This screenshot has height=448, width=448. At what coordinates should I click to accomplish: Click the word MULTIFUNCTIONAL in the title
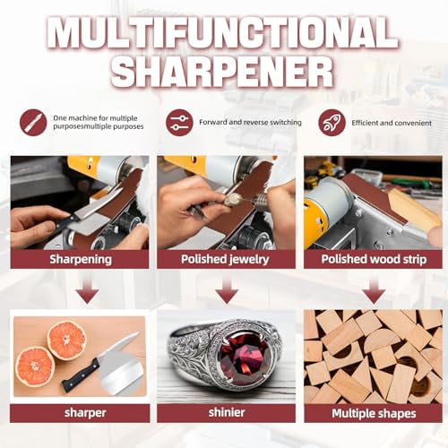224,34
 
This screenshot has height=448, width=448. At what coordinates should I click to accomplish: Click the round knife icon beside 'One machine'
33,122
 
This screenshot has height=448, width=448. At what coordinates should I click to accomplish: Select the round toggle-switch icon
179,122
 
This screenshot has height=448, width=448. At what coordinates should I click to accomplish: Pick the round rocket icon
331,122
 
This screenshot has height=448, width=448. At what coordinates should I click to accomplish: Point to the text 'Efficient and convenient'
392,122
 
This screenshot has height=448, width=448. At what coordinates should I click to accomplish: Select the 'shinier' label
226,413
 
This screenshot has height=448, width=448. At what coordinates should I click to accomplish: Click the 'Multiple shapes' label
373,413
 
